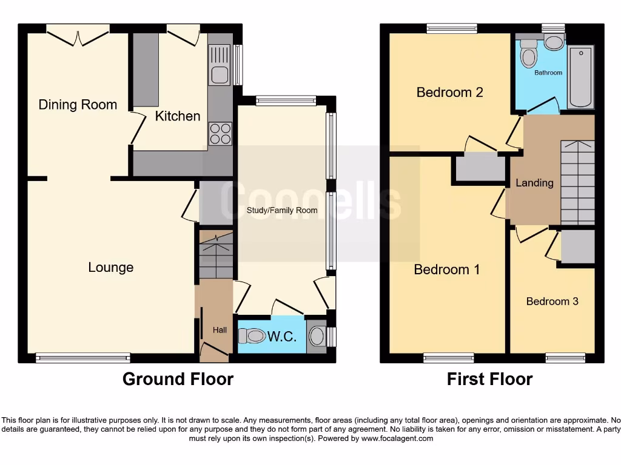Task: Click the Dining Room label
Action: [78, 105]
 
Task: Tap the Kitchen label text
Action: [177, 116]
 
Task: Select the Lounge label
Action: [110, 267]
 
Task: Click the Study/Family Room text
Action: [282, 210]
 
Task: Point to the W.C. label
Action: [282, 337]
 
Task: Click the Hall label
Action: [220, 330]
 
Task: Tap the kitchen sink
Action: [218, 67]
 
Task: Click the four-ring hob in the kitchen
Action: [221, 134]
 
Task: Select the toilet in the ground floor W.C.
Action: [252, 336]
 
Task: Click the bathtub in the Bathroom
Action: [580, 77]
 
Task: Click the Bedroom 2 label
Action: [449, 93]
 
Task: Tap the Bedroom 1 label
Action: [446, 269]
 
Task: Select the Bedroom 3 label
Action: [552, 301]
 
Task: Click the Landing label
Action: [534, 182]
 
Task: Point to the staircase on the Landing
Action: [577, 182]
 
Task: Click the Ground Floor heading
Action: [178, 379]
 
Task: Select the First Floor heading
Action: [489, 379]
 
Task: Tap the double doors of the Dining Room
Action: [78, 35]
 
